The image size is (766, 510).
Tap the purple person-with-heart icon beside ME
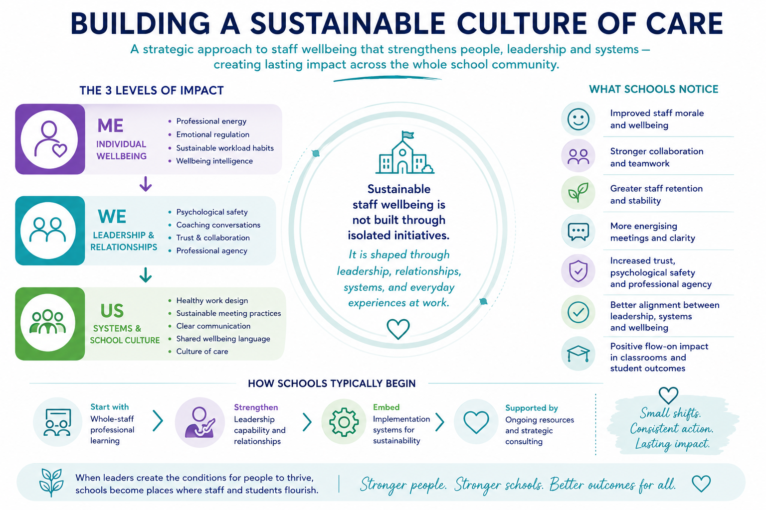click(x=50, y=139)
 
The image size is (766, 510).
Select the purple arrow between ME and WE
click(x=146, y=184)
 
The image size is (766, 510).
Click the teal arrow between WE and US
click(x=146, y=275)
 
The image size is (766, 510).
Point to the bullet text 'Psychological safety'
click(x=211, y=212)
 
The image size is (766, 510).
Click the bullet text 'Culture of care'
click(x=202, y=352)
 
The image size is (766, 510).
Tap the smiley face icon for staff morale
click(x=578, y=119)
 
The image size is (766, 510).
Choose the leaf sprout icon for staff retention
click(x=578, y=192)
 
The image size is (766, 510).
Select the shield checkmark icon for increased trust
click(x=578, y=271)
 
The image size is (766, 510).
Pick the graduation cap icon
click(x=578, y=354)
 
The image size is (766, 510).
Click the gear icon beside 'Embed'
click(x=344, y=422)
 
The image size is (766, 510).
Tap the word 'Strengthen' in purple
click(x=256, y=407)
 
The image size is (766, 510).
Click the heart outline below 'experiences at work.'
click(x=398, y=329)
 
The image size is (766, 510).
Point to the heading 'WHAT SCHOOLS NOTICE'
click(x=653, y=90)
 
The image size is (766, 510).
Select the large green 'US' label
click(x=112, y=311)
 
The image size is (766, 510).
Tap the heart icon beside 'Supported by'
click(x=476, y=422)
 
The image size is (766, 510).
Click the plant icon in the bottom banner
click(x=51, y=482)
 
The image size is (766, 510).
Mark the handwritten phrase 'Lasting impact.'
click(x=672, y=444)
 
